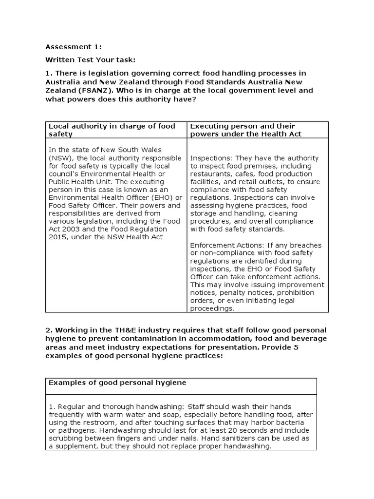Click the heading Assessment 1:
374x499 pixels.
pyautogui.click(x=66, y=47)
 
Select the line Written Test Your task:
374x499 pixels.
pyautogui.click(x=90, y=60)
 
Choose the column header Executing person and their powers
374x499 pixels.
pyautogui.click(x=245, y=130)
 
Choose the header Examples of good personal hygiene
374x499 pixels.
pyautogui.click(x=117, y=383)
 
